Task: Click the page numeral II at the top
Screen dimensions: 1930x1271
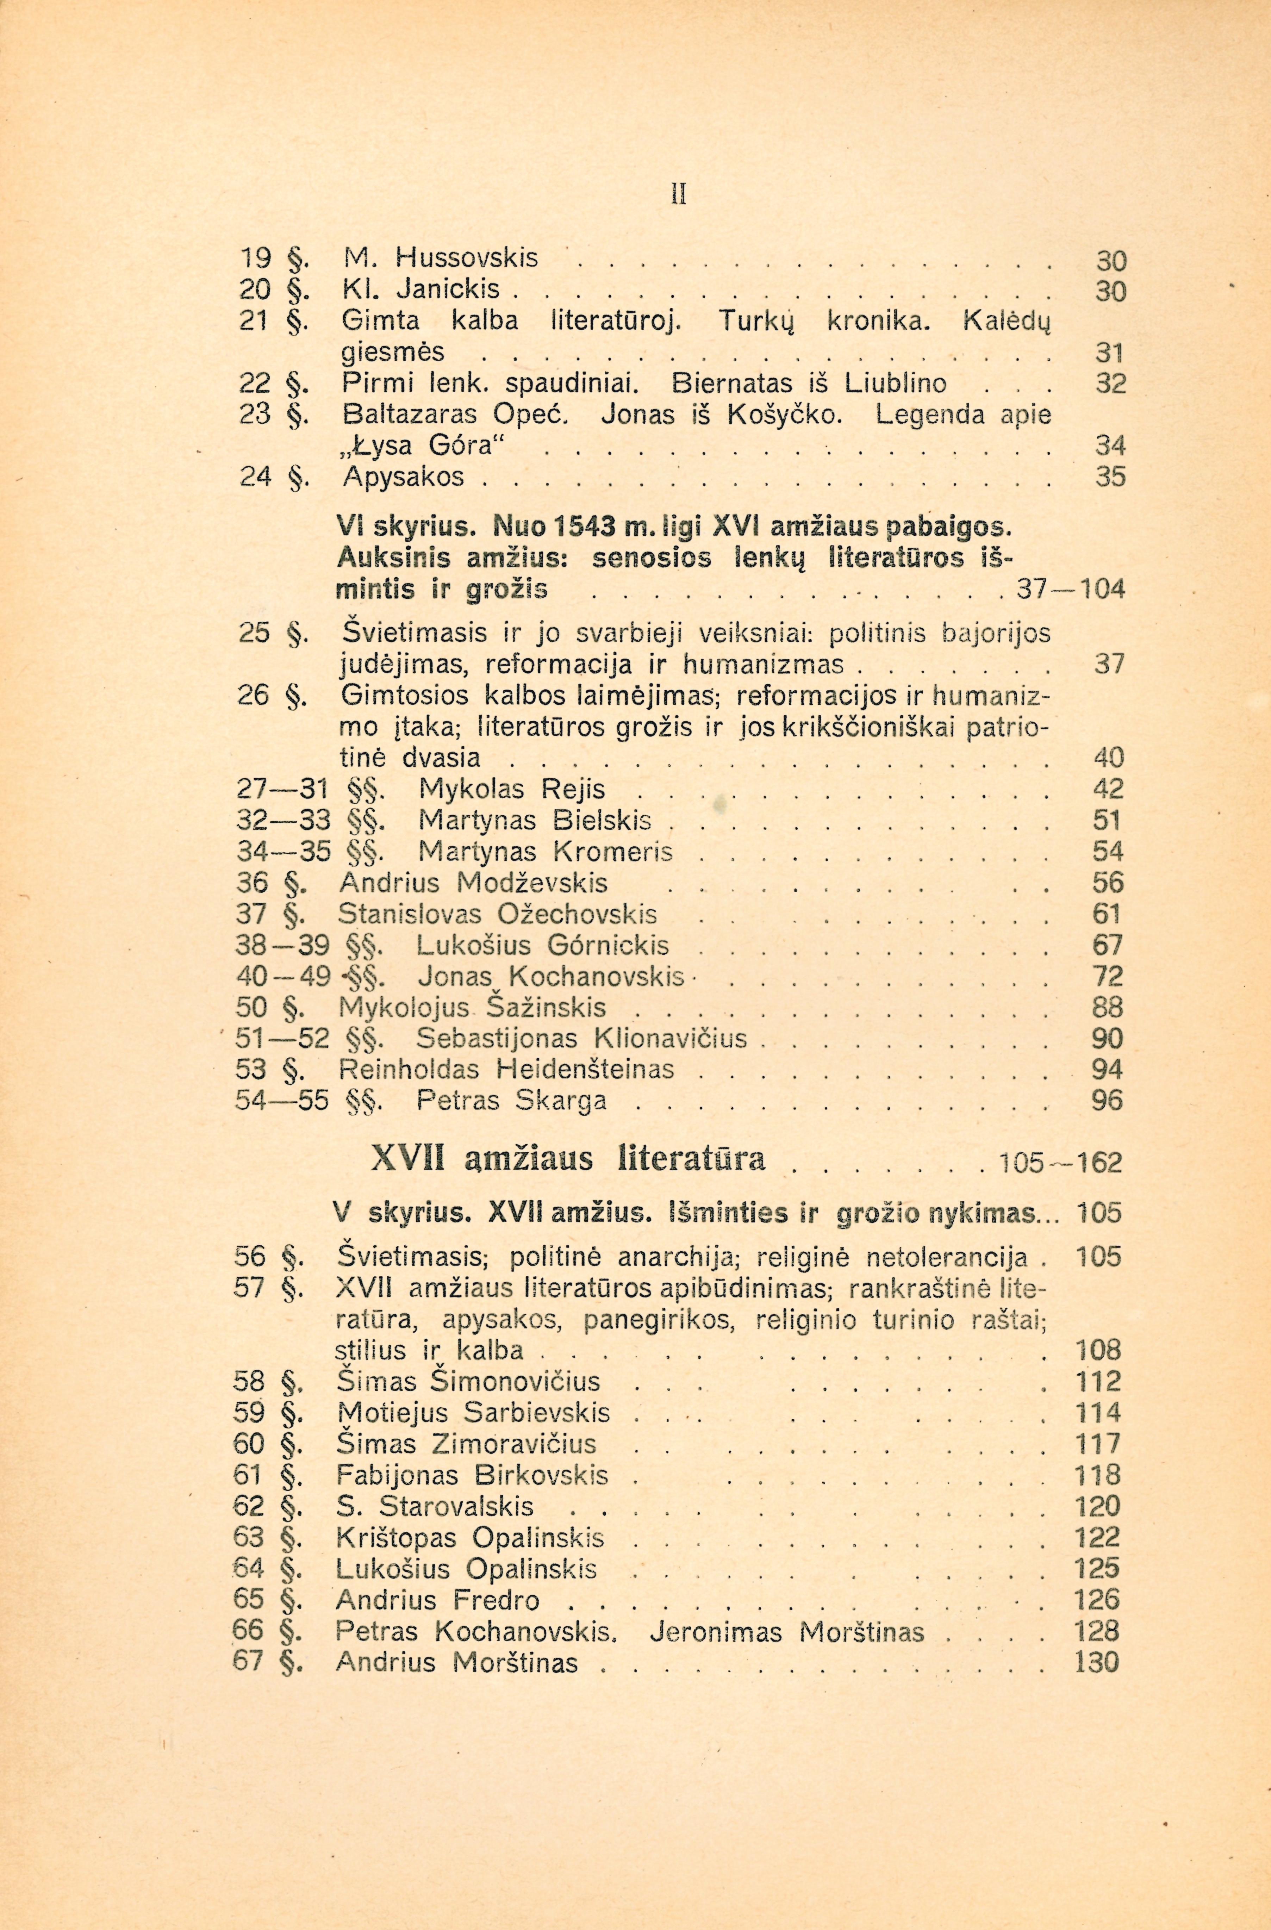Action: coord(680,197)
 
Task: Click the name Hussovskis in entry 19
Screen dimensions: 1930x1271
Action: coord(466,259)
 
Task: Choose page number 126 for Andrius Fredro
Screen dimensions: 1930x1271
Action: coord(1096,1600)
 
